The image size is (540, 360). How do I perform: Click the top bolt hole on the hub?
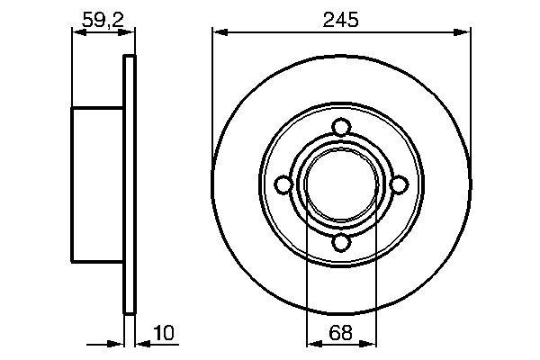tap(340, 126)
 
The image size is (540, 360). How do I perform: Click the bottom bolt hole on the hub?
tap(340, 242)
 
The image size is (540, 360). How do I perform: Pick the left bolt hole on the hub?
tap(283, 184)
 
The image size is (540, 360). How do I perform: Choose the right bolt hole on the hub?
tap(399, 184)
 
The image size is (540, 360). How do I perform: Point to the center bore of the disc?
tap(340, 184)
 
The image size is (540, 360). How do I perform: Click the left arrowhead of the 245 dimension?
tap(219, 31)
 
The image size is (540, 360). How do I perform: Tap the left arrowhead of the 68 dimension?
tap(311, 341)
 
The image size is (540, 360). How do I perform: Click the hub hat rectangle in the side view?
tap(96, 184)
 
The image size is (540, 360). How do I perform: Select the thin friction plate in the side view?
tap(129, 184)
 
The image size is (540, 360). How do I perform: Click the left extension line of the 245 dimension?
tap(213, 72)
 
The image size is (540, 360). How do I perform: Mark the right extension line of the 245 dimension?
tap(470, 72)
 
